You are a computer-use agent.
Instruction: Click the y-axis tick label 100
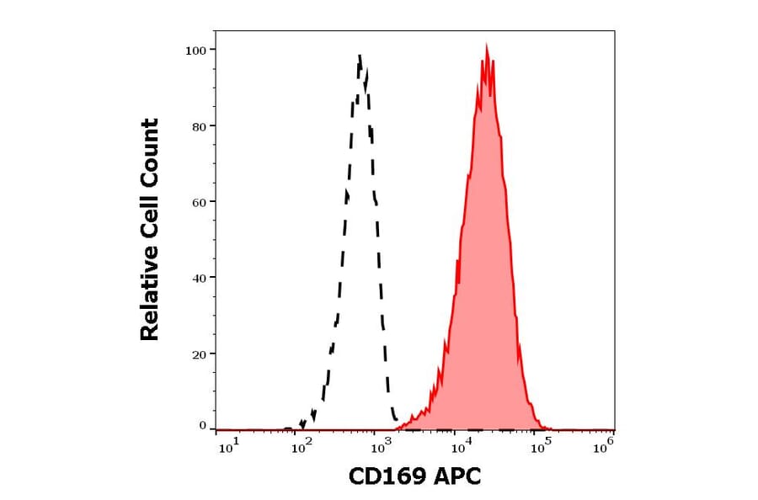click(196, 51)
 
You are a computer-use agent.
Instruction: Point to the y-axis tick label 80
click(200, 126)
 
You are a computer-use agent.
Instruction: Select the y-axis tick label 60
click(200, 202)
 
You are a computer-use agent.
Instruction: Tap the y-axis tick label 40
click(200, 278)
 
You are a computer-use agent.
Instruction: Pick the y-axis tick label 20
click(200, 354)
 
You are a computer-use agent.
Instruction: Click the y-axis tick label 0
click(203, 426)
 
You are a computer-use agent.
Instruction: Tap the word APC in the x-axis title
click(456, 477)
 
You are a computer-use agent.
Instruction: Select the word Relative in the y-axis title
click(150, 300)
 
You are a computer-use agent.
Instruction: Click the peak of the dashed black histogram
click(360, 55)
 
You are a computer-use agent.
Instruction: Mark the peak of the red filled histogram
click(486, 45)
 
